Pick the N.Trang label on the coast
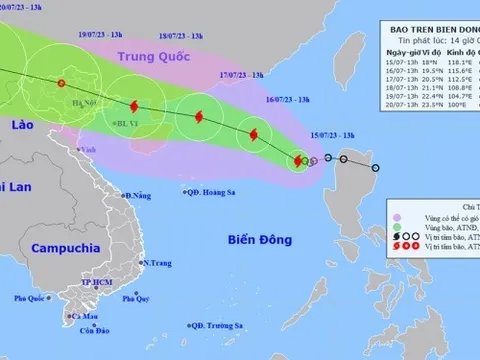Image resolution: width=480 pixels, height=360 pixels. pyautogui.click(x=158, y=263)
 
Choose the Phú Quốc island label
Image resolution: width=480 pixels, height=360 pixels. pyautogui.click(x=32, y=298)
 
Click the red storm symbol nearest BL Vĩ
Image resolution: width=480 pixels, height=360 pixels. pyautogui.click(x=136, y=103)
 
